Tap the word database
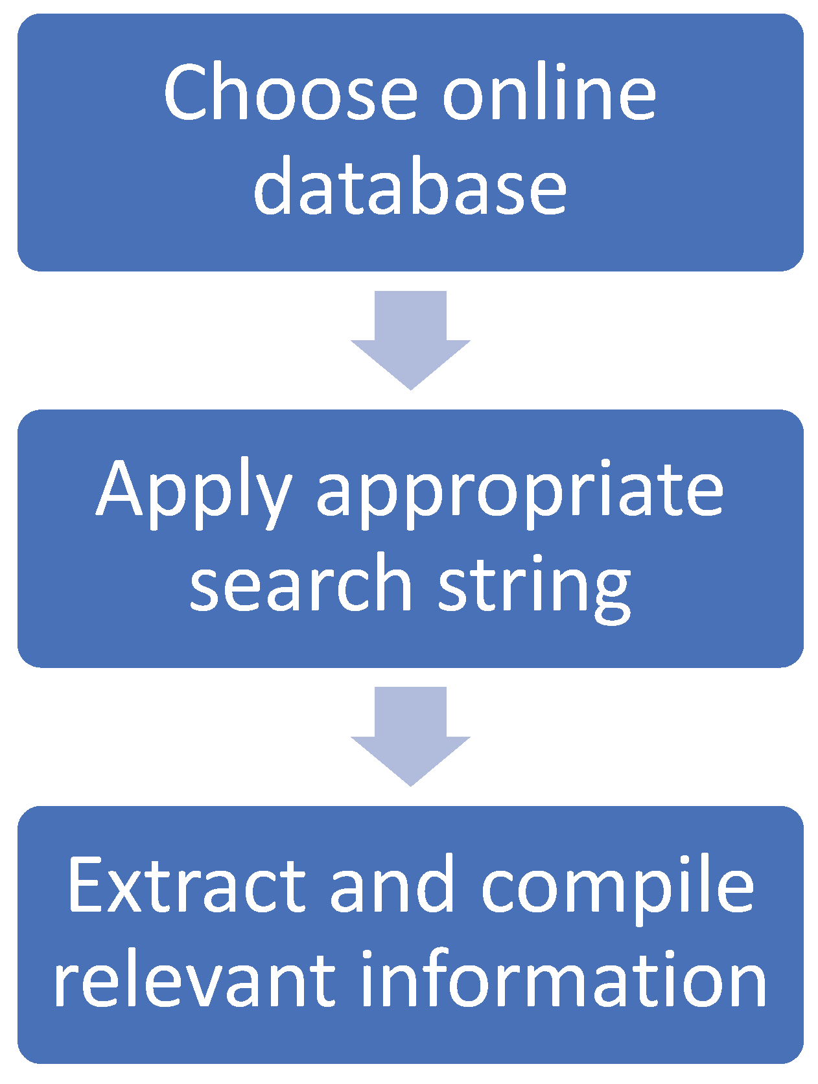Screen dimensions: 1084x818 pyautogui.click(x=410, y=187)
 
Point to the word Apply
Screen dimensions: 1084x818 pyautogui.click(x=194, y=492)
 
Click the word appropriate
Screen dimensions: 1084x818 pyautogui.click(x=519, y=492)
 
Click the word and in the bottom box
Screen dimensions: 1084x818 pyautogui.click(x=391, y=885)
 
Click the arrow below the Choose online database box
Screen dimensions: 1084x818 pyautogui.click(x=410, y=340)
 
